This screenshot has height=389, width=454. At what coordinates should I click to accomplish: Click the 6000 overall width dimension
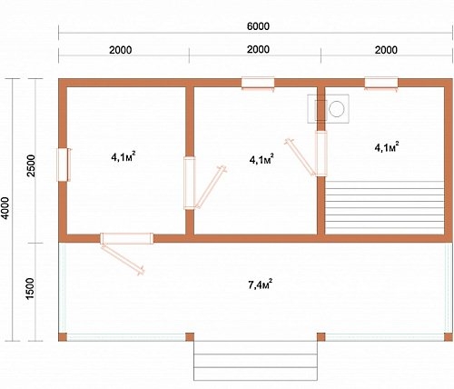pyautogui.click(x=258, y=26)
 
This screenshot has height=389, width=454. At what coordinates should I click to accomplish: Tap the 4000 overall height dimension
pyautogui.click(x=5, y=208)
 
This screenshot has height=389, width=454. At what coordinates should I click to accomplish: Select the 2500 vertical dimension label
pyautogui.click(x=31, y=165)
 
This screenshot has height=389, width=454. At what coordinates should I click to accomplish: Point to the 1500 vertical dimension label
pyautogui.click(x=30, y=289)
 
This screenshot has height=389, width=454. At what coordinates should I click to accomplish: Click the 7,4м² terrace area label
pyautogui.click(x=260, y=284)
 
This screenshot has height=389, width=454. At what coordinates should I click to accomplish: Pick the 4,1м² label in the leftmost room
pyautogui.click(x=123, y=157)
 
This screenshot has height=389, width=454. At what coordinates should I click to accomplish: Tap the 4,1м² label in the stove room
pyautogui.click(x=387, y=147)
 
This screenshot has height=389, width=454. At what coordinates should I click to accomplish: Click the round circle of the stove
pyautogui.click(x=337, y=109)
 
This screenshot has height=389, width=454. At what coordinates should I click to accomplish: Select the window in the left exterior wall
pyautogui.click(x=64, y=165)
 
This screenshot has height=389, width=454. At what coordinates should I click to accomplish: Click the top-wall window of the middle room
pyautogui.click(x=258, y=84)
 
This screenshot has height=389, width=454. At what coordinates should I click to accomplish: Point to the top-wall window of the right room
pyautogui.click(x=381, y=84)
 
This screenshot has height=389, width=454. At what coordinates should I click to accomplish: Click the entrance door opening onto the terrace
pyautogui.click(x=127, y=238)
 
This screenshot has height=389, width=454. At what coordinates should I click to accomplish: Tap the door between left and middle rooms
pyautogui.click(x=190, y=183)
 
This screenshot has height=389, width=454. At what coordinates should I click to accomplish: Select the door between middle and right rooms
pyautogui.click(x=321, y=154)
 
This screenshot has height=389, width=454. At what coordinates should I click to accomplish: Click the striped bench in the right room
pyautogui.click(x=384, y=208)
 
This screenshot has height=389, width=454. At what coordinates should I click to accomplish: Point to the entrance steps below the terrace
pyautogui.click(x=255, y=361)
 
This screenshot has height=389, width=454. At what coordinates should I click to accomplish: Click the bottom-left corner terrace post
pyautogui.click(x=63, y=337)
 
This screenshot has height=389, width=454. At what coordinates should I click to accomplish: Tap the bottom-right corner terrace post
pyautogui.click(x=449, y=337)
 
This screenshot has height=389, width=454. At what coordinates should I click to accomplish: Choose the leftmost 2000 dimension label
pyautogui.click(x=121, y=50)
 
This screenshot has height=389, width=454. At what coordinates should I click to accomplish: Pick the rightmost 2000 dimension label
pyautogui.click(x=386, y=50)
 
